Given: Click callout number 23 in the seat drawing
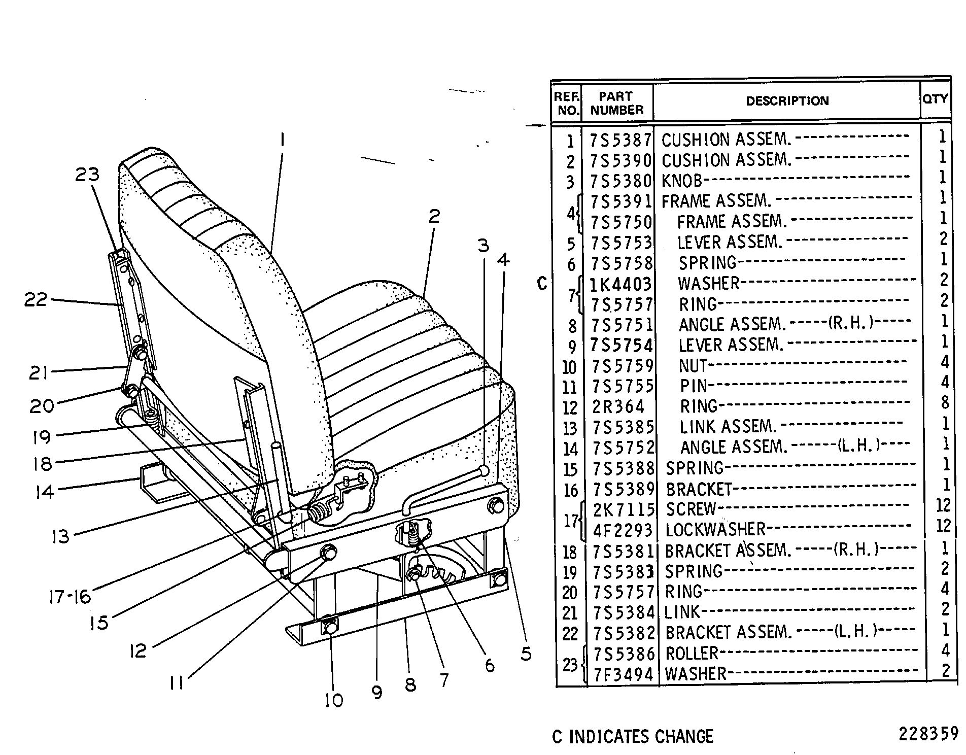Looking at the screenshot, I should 87,175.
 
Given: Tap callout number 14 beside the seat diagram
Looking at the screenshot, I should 45,491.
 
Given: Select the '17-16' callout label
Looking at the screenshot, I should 70,597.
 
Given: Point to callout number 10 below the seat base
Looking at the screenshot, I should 334,700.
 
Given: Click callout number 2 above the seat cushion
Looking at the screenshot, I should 434,217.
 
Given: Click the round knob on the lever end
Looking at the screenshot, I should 484,471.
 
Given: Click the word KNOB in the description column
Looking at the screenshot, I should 681,181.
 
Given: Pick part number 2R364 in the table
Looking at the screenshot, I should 618,406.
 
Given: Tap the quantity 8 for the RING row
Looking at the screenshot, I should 944,403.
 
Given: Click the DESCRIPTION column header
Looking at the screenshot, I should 786,100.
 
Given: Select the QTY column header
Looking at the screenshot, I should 935,98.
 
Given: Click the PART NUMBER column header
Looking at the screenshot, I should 616,103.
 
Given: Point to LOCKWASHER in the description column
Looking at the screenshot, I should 715,530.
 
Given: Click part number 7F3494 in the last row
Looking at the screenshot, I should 624,674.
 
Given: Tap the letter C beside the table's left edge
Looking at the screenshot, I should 542,284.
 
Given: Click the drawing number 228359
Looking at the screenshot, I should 928,734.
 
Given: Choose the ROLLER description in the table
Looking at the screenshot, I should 692,654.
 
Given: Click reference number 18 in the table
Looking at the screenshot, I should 570,552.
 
